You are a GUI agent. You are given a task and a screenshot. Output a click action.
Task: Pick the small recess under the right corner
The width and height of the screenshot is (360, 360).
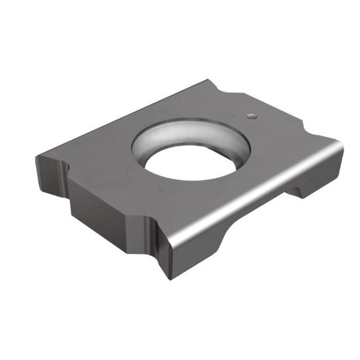pos(298,190)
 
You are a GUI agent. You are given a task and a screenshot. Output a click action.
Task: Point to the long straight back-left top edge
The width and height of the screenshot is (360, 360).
pos(124,118)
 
